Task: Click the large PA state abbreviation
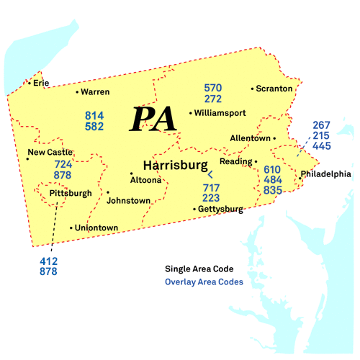point(153,119)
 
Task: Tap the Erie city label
point(40,83)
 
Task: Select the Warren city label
point(95,92)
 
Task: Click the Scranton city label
point(274,89)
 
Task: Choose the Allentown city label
point(250,138)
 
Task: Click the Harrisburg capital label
point(176,165)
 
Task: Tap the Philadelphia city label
point(326,174)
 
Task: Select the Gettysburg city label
point(220,210)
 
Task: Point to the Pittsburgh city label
point(71,193)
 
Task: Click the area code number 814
point(94,115)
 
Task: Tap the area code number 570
point(212,88)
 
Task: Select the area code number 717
point(211,187)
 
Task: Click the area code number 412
point(49,261)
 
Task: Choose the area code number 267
point(322,125)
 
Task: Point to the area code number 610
point(272,169)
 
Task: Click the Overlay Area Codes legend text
point(204,282)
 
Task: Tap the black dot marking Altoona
point(131,174)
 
